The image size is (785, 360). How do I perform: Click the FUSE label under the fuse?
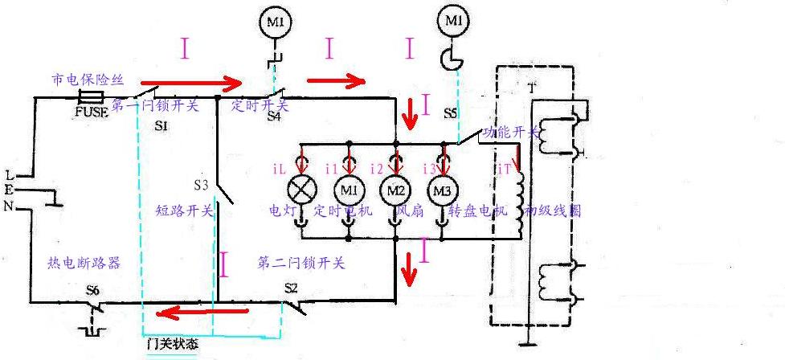point(91,112)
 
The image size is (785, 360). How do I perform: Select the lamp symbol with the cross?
point(303,190)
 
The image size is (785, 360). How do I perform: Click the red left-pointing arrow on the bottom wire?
point(191,312)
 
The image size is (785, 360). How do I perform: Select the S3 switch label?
point(201,185)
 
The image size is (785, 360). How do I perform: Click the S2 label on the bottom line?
point(291,287)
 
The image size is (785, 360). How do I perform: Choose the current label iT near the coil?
point(504,170)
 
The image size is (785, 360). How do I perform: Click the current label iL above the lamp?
point(280,170)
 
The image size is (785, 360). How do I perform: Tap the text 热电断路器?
point(84,263)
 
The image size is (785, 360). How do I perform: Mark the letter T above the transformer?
point(531,86)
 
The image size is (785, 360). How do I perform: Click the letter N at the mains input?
point(10,207)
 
